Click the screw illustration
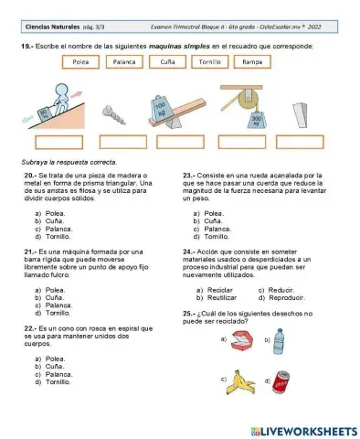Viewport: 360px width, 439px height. (x=122, y=111)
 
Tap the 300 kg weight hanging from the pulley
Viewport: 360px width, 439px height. (x=258, y=120)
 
